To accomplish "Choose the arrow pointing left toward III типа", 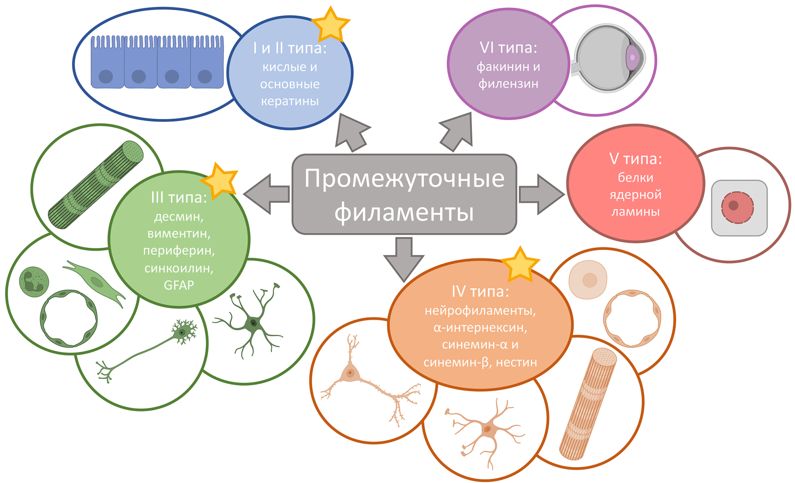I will click(266, 194).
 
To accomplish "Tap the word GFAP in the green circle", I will click(179, 285).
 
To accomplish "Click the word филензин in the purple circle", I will click(508, 84).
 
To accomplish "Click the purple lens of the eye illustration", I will click(632, 57).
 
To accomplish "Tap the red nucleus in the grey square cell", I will click(737, 207).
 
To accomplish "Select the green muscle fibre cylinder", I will click(96, 185).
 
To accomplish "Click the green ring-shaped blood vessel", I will click(69, 318).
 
